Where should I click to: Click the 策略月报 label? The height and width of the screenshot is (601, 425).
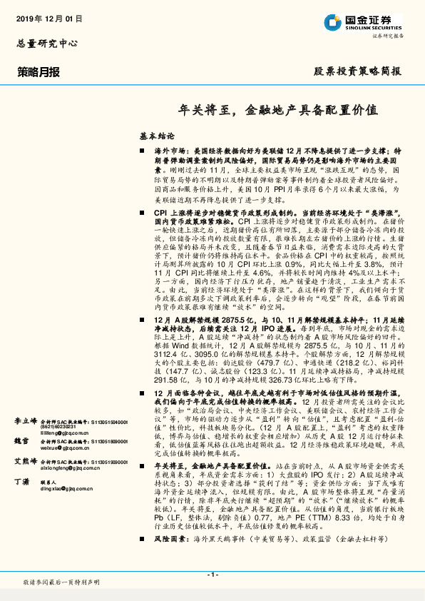click(39, 71)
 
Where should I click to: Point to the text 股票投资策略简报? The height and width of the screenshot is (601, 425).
click(358, 71)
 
